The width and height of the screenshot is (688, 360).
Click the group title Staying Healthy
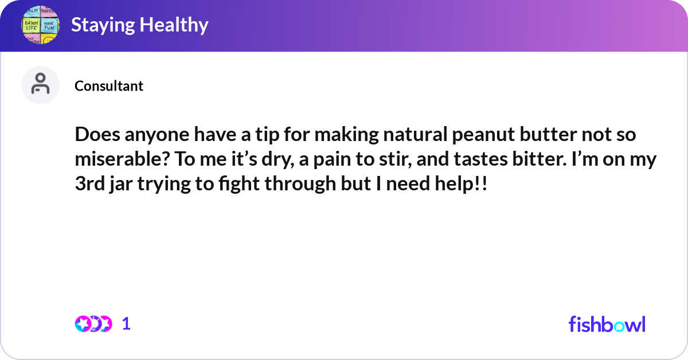[x=139, y=25]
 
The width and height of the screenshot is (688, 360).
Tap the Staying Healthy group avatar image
[x=40, y=25]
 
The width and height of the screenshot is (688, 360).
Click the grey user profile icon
[x=40, y=85]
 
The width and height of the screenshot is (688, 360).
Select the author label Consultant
[x=109, y=86]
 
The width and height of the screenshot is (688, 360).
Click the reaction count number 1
[x=126, y=324]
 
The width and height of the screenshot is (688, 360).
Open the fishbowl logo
[x=607, y=324]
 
